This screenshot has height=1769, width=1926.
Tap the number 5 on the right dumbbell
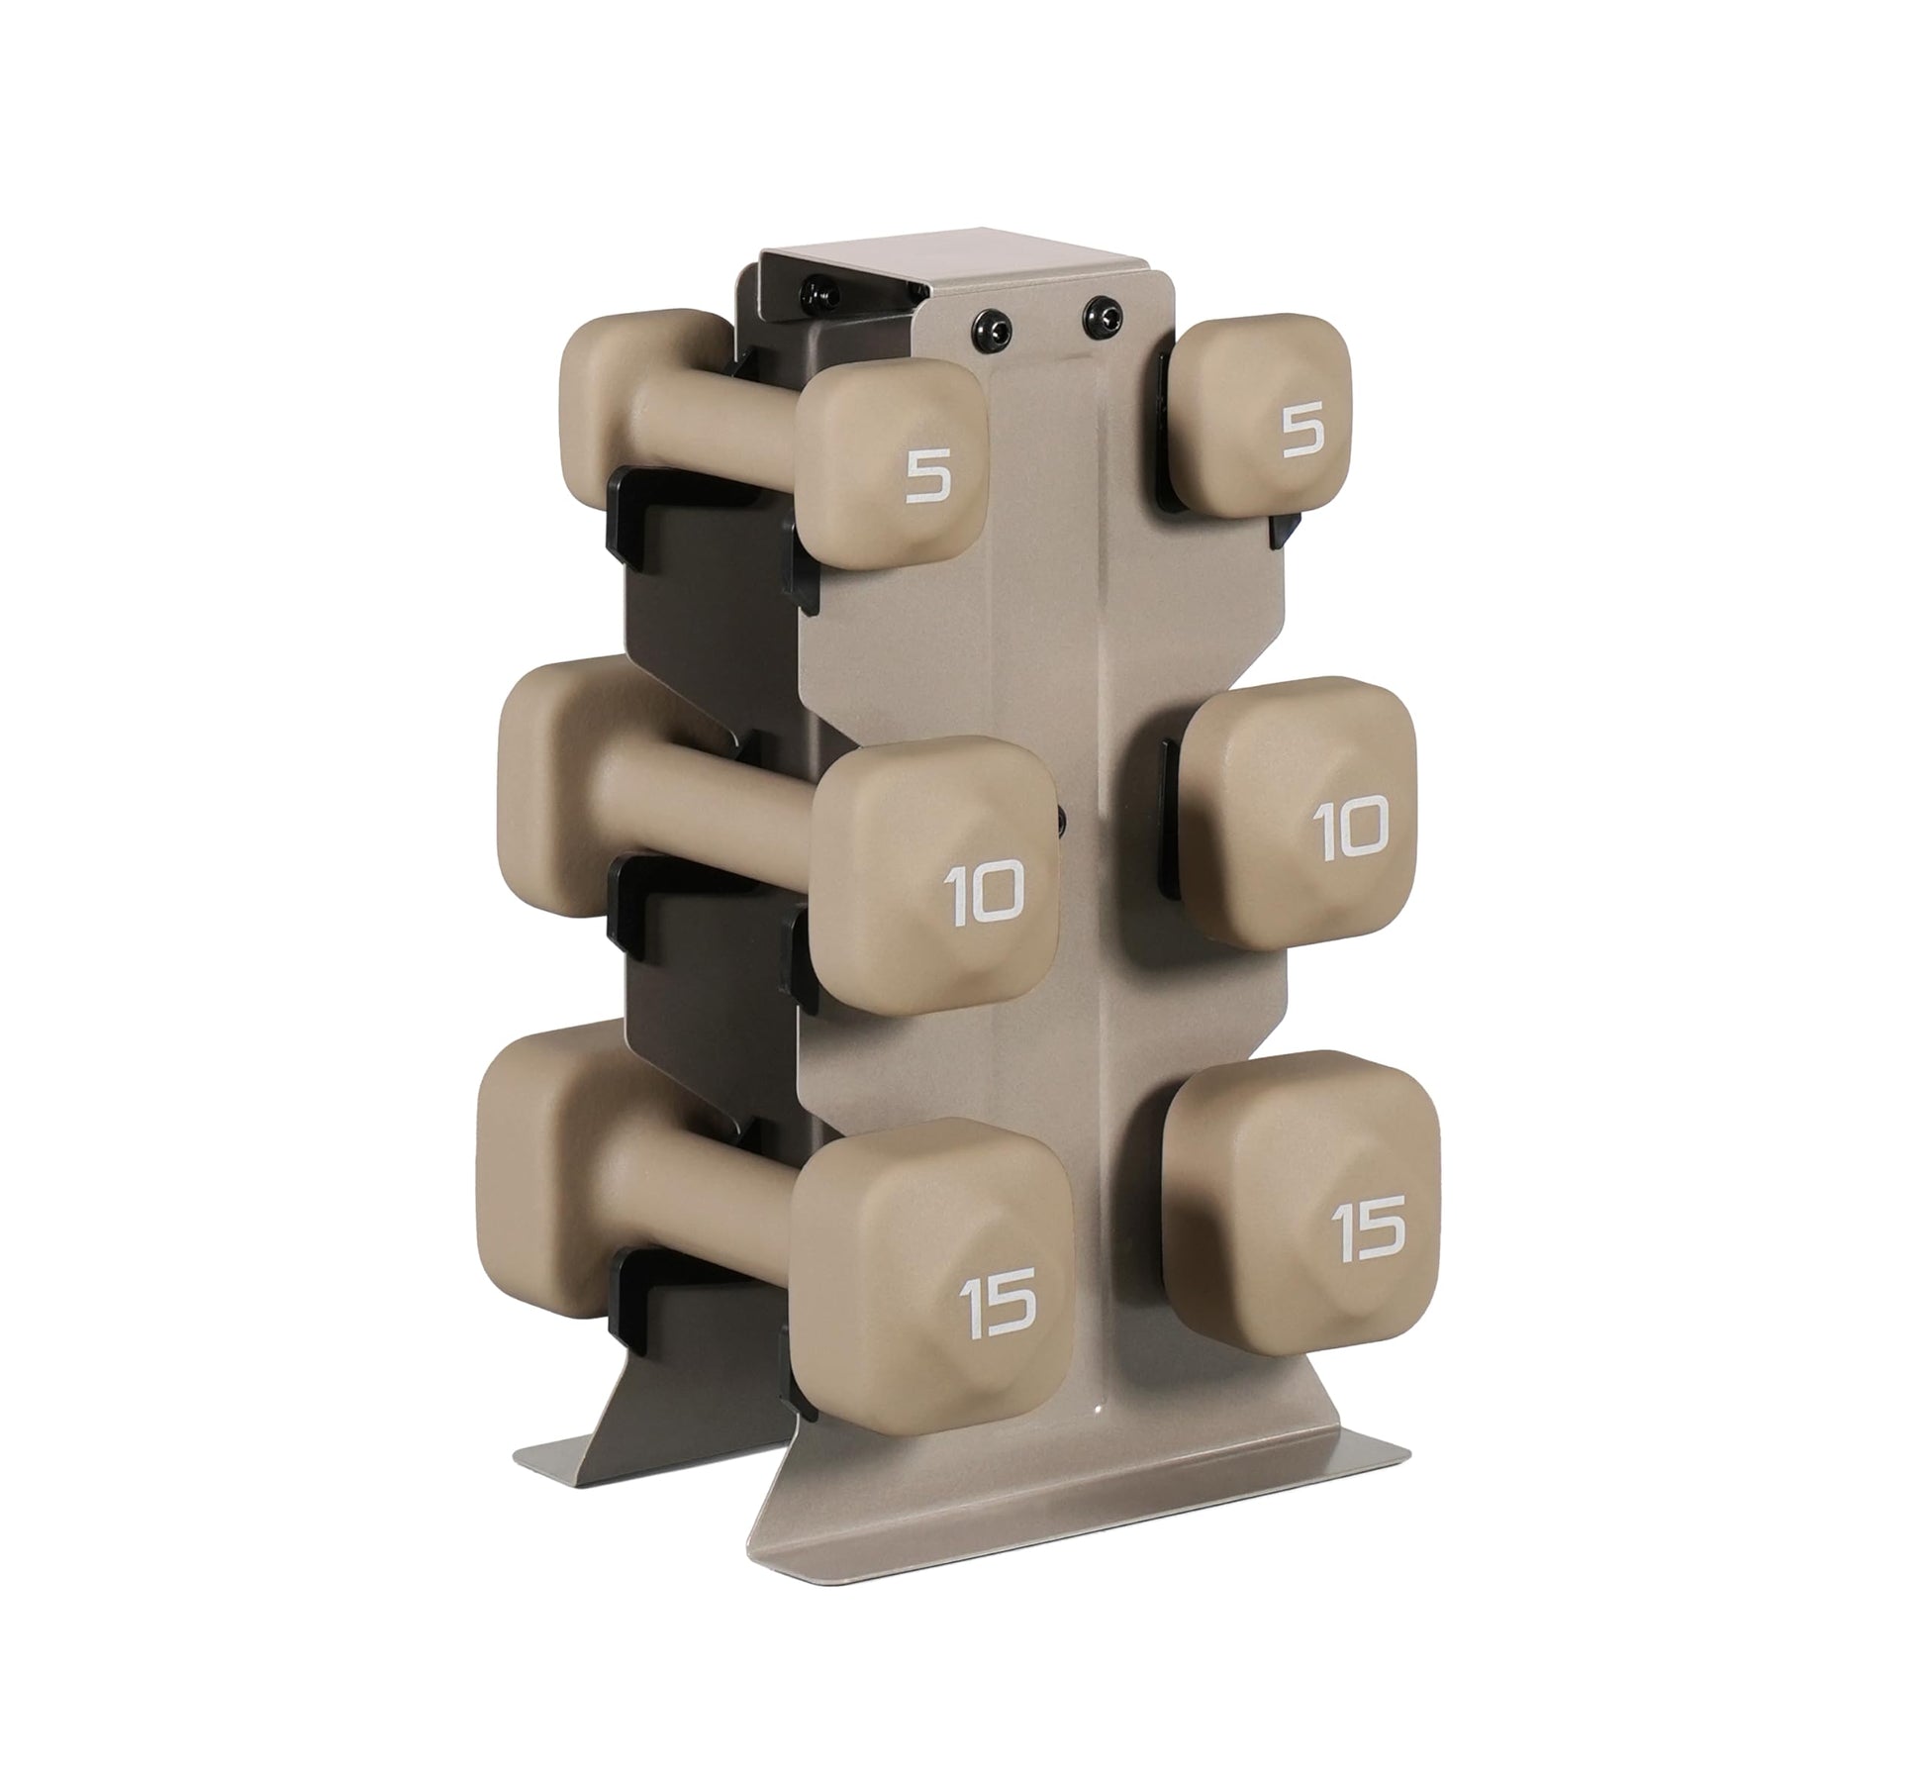(1304, 433)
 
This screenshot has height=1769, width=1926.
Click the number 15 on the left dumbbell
(997, 1298)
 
